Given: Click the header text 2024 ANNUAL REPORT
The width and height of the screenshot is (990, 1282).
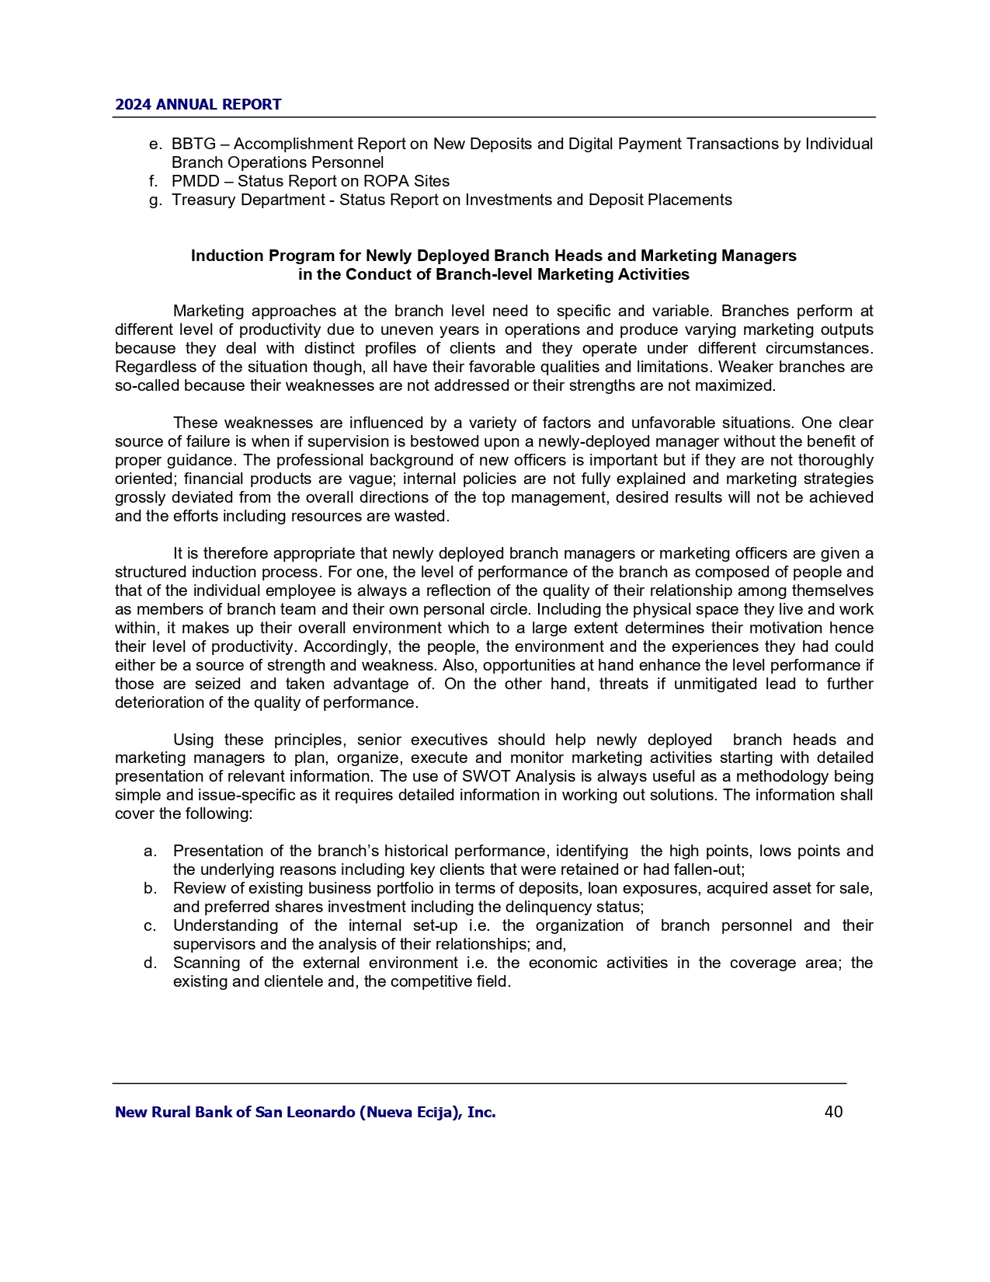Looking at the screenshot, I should point(198,105).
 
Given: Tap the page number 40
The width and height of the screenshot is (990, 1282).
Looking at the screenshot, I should point(833,1112).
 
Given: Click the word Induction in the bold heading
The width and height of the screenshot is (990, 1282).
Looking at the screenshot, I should point(224,256).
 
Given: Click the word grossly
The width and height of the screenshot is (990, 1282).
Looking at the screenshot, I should point(138,497).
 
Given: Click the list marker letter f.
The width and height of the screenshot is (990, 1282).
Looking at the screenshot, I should point(153,181).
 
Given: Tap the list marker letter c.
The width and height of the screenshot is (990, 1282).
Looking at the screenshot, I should point(151,925).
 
